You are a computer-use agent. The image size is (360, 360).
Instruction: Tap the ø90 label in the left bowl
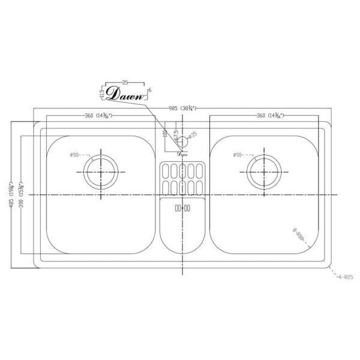pyautogui.click(x=74, y=155)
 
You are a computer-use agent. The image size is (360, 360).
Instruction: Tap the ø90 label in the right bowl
pyautogui.click(x=238, y=155)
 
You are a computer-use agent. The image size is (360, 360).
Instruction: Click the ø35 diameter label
pyautogui.click(x=193, y=135)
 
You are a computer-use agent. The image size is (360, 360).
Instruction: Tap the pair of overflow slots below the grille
pyautogui.click(x=182, y=208)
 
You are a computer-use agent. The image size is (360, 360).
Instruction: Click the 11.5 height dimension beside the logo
pyautogui.click(x=103, y=94)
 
